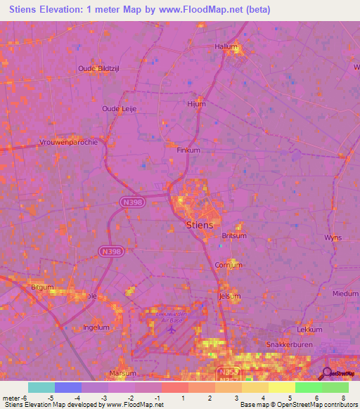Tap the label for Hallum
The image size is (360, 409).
click(x=226, y=46)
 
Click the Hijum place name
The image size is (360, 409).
click(x=196, y=104)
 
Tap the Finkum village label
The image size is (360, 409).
click(x=188, y=150)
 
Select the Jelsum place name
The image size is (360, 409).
click(x=230, y=297)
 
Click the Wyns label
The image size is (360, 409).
click(x=333, y=238)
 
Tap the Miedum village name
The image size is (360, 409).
click(x=345, y=294)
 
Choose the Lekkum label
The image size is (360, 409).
click(x=309, y=329)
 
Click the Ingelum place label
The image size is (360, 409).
click(x=96, y=327)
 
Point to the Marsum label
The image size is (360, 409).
click(x=122, y=373)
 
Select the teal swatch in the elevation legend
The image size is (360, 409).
click(x=41, y=387)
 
